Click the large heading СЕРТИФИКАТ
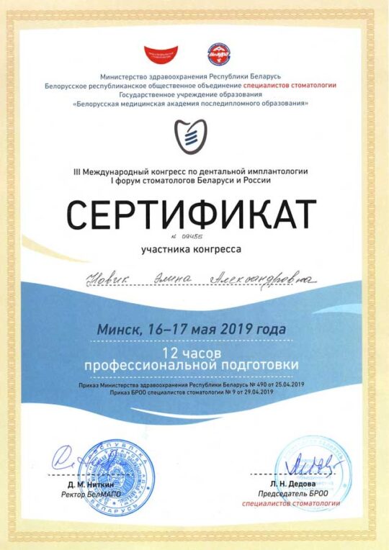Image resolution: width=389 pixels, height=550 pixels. pos(191,213)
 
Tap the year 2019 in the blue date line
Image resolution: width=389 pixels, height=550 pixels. pos(238,329)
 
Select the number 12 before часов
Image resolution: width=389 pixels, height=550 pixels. pos(170,354)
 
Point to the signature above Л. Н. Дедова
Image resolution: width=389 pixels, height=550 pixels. pos(303,464)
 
